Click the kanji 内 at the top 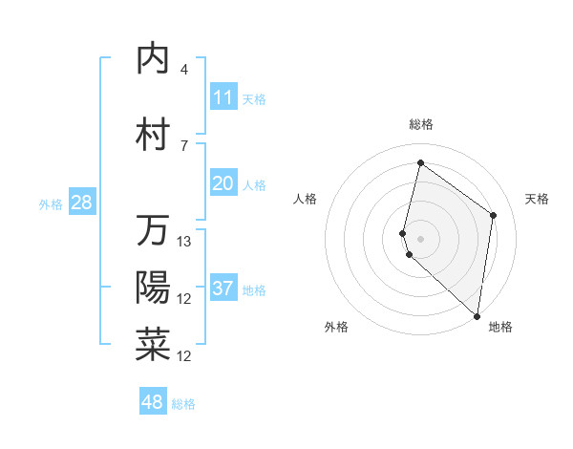[153, 59]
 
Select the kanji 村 [153, 135]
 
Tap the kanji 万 [153, 230]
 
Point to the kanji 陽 [153, 288]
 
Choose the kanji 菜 [153, 345]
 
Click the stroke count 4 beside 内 [184, 70]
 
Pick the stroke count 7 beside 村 [184, 145]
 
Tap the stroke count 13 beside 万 [185, 242]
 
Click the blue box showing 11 [223, 96]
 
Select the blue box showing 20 [223, 183]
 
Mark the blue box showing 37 [223, 289]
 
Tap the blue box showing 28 [81, 203]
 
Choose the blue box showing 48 [153, 402]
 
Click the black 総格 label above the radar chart [421, 124]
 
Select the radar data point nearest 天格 [494, 215]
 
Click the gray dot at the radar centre [421, 238]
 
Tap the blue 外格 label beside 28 [50, 204]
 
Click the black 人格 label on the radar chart [305, 199]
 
